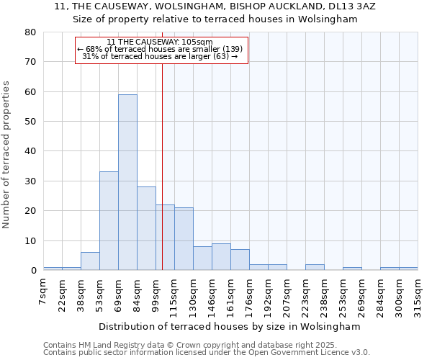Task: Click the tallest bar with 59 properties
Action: [x=127, y=182]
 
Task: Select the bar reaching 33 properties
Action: [x=109, y=221]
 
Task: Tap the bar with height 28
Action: [x=146, y=228]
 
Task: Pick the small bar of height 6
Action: [x=90, y=261]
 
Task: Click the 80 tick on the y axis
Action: [x=30, y=32]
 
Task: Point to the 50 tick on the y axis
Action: [x=30, y=122]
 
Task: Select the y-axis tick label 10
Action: [x=30, y=241]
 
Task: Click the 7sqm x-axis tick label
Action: [x=44, y=292]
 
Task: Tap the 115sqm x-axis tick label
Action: [x=175, y=294]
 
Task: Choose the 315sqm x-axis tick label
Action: [x=418, y=294]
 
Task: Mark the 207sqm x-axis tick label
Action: [x=287, y=294]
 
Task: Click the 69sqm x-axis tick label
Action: [x=119, y=293]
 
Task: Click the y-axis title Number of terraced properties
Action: [x=6, y=154]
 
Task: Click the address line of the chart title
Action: [x=215, y=6]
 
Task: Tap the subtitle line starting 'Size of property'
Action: [x=215, y=19]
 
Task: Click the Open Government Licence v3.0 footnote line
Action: [x=206, y=353]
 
